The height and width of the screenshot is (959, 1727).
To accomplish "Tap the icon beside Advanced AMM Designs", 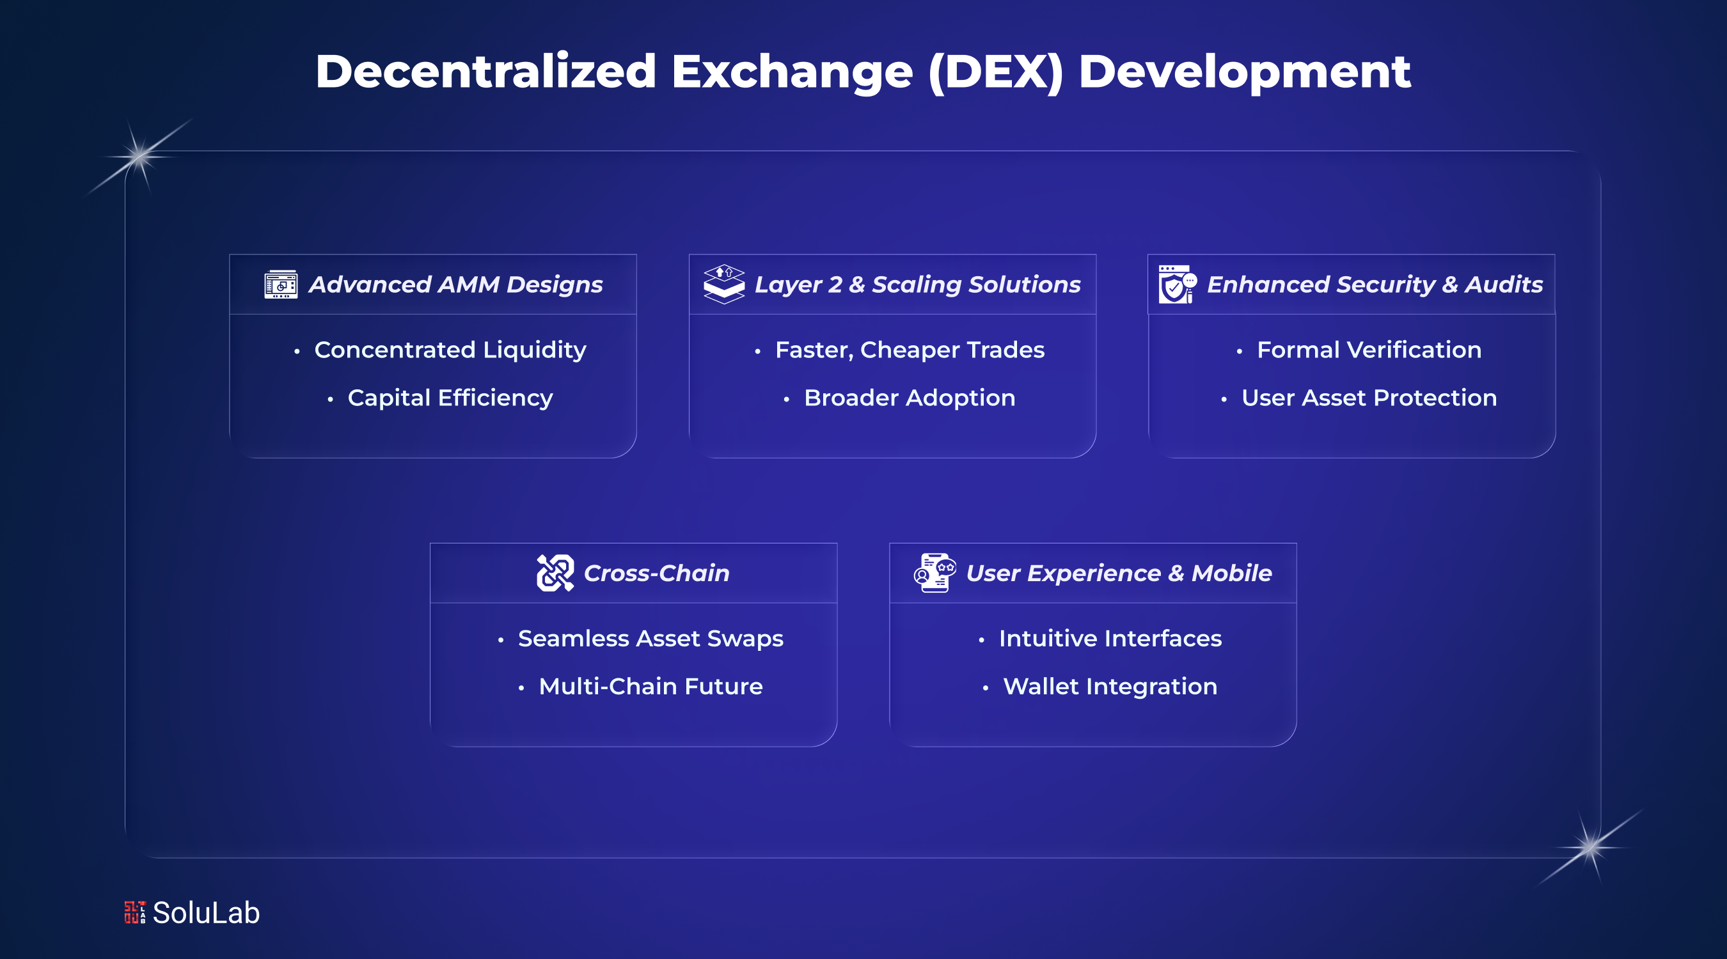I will tap(281, 285).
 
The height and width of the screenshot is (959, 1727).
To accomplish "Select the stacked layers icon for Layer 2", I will tap(724, 284).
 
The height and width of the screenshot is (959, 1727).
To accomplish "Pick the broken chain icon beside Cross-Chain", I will tap(555, 573).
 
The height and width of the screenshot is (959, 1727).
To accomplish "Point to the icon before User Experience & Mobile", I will tap(934, 573).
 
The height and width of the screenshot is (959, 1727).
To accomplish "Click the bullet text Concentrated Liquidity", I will tap(450, 350).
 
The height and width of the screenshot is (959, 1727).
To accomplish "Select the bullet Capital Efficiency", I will tap(450, 398).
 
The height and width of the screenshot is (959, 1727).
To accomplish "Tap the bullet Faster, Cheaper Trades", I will tap(909, 350).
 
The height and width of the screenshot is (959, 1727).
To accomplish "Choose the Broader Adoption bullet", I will tap(909, 398).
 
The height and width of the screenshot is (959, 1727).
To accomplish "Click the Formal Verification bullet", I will tap(1369, 350).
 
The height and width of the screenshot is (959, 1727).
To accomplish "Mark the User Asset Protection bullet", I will tap(1369, 398).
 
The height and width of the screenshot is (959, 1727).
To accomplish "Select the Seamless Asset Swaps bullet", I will tap(651, 639).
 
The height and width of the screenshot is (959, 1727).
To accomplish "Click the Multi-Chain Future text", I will tap(651, 687).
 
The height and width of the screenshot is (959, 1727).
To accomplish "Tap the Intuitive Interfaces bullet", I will tap(1110, 639).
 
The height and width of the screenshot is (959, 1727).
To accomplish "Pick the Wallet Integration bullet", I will tap(1110, 687).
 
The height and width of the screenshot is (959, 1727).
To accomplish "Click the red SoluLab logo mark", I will tap(135, 912).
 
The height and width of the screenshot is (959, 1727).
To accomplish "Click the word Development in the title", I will tap(1244, 72).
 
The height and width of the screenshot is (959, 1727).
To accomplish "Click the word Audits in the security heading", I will tap(1504, 285).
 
